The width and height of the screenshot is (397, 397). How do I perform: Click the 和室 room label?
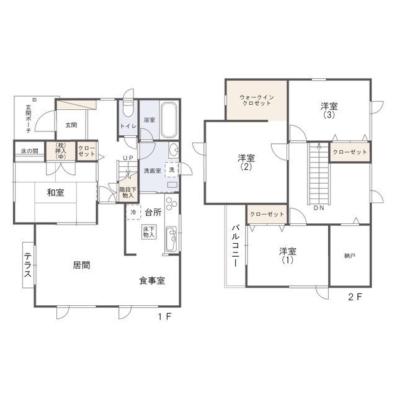tap(55, 193)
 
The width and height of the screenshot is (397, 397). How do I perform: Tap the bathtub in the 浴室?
tap(169, 120)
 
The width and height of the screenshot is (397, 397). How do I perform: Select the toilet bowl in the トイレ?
tap(128, 109)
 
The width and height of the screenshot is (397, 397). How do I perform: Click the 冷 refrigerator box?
tap(133, 212)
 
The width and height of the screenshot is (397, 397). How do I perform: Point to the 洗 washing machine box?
tap(172, 169)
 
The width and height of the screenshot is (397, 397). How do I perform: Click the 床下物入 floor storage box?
tap(149, 232)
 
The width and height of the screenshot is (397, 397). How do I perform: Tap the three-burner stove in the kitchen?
tap(171, 203)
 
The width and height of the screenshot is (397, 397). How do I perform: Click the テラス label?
tap(27, 265)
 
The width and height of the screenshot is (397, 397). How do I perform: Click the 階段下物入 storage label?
tap(128, 192)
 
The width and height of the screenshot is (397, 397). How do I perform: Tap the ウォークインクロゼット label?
tap(257, 100)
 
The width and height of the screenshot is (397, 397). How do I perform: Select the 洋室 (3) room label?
tap(329, 110)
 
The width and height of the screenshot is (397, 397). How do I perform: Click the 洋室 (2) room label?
tap(246, 163)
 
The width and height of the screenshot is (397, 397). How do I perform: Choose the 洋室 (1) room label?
tap(288, 256)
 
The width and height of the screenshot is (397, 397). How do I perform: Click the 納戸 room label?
tap(350, 256)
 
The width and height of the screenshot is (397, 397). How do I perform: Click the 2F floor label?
tap(355, 297)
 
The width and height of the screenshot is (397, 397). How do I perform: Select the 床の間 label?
tap(30, 151)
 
